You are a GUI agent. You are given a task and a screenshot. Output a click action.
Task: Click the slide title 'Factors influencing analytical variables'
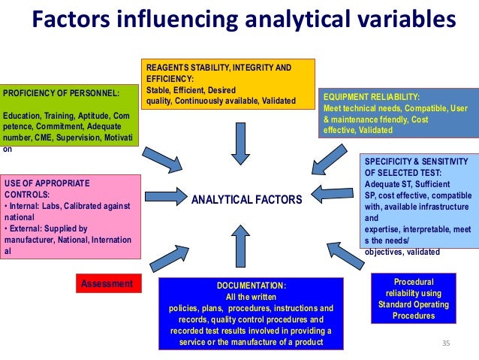click(x=243, y=20)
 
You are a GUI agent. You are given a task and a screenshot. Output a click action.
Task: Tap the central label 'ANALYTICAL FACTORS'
click(x=246, y=199)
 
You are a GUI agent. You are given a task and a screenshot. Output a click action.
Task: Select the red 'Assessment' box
click(x=108, y=283)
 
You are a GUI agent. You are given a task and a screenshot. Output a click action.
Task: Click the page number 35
click(x=446, y=343)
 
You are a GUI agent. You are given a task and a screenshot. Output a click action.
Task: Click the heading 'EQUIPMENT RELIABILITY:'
click(x=371, y=97)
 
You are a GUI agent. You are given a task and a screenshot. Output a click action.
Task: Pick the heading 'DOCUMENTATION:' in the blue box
click(x=251, y=286)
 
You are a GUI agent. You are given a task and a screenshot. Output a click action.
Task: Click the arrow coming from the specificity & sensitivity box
click(x=330, y=195)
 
